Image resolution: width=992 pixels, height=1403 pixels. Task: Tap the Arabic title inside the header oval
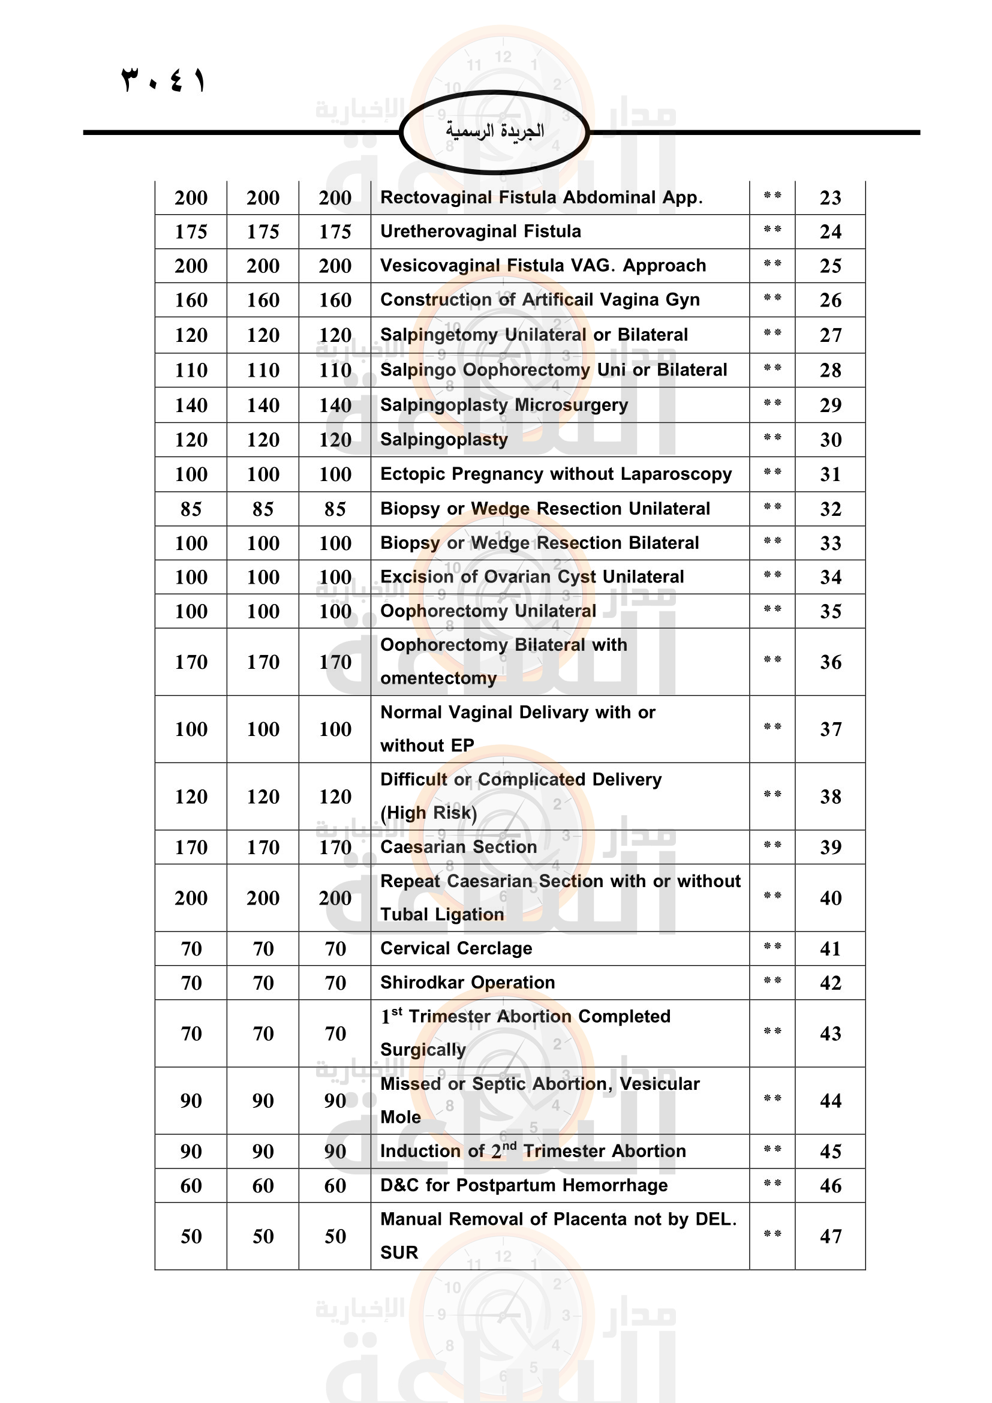(494, 131)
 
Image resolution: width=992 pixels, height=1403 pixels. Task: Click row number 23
(830, 198)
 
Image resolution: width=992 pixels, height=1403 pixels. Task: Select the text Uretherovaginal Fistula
(480, 232)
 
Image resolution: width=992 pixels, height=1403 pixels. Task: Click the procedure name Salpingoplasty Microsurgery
(504, 405)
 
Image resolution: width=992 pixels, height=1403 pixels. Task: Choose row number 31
(830, 474)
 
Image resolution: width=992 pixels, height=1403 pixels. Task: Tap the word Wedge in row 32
(500, 509)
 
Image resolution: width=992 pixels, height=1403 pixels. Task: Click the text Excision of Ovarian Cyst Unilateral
(531, 577)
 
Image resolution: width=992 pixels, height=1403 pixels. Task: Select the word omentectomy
(438, 678)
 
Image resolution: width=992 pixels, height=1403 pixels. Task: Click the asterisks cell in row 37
(772, 728)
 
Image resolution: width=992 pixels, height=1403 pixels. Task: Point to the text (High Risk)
(428, 813)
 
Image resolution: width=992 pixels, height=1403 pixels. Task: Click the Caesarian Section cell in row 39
(458, 847)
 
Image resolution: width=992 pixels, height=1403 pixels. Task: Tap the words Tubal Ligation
(441, 915)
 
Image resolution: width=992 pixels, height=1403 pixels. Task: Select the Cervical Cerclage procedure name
(456, 948)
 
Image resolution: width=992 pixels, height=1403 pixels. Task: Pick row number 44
(830, 1101)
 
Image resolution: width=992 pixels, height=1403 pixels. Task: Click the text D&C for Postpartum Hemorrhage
(524, 1185)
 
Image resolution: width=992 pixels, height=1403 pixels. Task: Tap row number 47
(830, 1236)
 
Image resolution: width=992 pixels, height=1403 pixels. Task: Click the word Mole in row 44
(400, 1117)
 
